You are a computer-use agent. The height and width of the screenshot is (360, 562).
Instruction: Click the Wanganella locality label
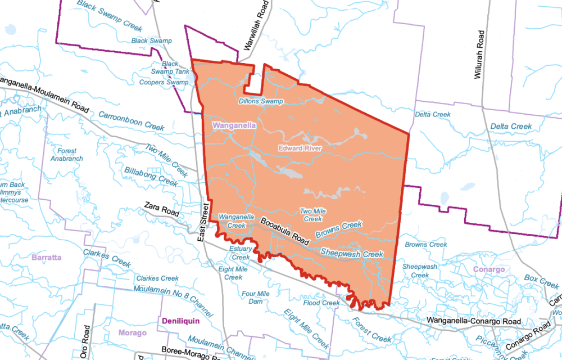pyautogui.click(x=233, y=125)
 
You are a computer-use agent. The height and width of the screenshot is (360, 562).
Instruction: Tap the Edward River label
pyautogui.click(x=300, y=148)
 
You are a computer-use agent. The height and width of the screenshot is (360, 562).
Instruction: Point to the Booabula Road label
pyautogui.click(x=285, y=231)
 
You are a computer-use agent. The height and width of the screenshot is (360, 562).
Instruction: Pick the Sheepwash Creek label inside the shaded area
pyautogui.click(x=352, y=253)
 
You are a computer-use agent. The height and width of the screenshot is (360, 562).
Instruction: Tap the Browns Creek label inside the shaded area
pyautogui.click(x=338, y=229)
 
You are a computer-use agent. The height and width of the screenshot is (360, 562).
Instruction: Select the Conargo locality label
pyautogui.click(x=489, y=269)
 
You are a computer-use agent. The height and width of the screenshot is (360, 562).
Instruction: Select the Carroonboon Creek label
pyautogui.click(x=132, y=120)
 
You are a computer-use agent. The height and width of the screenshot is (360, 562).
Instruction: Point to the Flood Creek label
pyautogui.click(x=321, y=303)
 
